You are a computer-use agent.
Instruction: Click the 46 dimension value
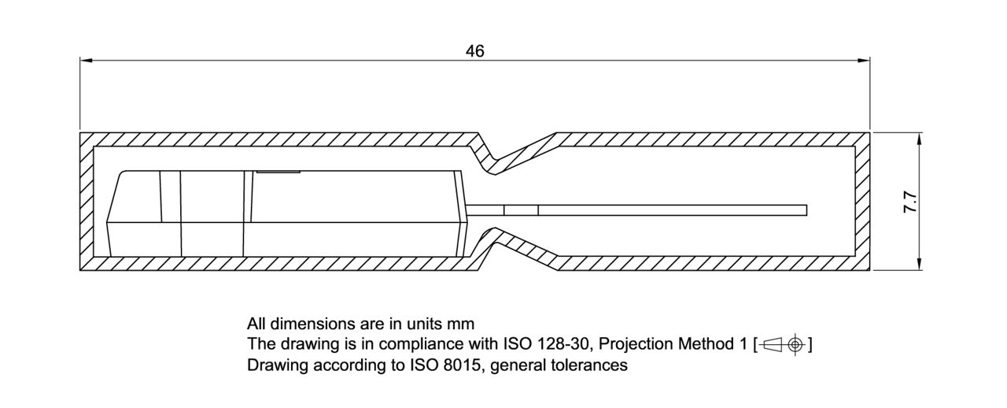click(474, 51)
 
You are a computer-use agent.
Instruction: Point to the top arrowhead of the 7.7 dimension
click(919, 138)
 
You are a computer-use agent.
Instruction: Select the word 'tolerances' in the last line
click(593, 365)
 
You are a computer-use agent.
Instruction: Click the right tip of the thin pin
click(806, 210)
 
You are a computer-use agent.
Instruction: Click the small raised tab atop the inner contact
click(277, 169)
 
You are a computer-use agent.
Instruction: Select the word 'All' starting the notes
click(256, 324)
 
